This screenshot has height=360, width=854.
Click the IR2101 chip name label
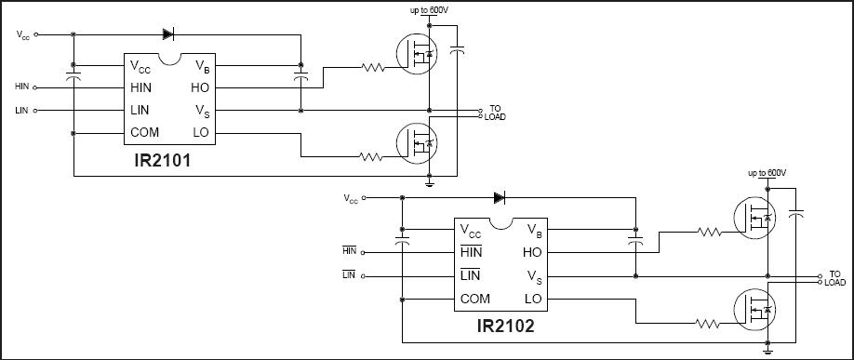163,161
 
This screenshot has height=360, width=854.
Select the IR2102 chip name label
505,326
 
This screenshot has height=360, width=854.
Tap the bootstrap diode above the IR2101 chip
167,34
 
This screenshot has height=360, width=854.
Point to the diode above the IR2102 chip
499,198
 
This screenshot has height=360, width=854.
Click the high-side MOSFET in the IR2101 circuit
416,54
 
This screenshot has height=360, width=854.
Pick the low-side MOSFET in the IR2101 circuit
416,144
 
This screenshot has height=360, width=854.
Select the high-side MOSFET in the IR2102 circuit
754,218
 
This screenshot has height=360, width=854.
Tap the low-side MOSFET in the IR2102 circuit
754,309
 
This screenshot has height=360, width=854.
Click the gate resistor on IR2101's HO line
373,68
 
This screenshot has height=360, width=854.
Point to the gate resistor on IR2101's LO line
371,157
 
